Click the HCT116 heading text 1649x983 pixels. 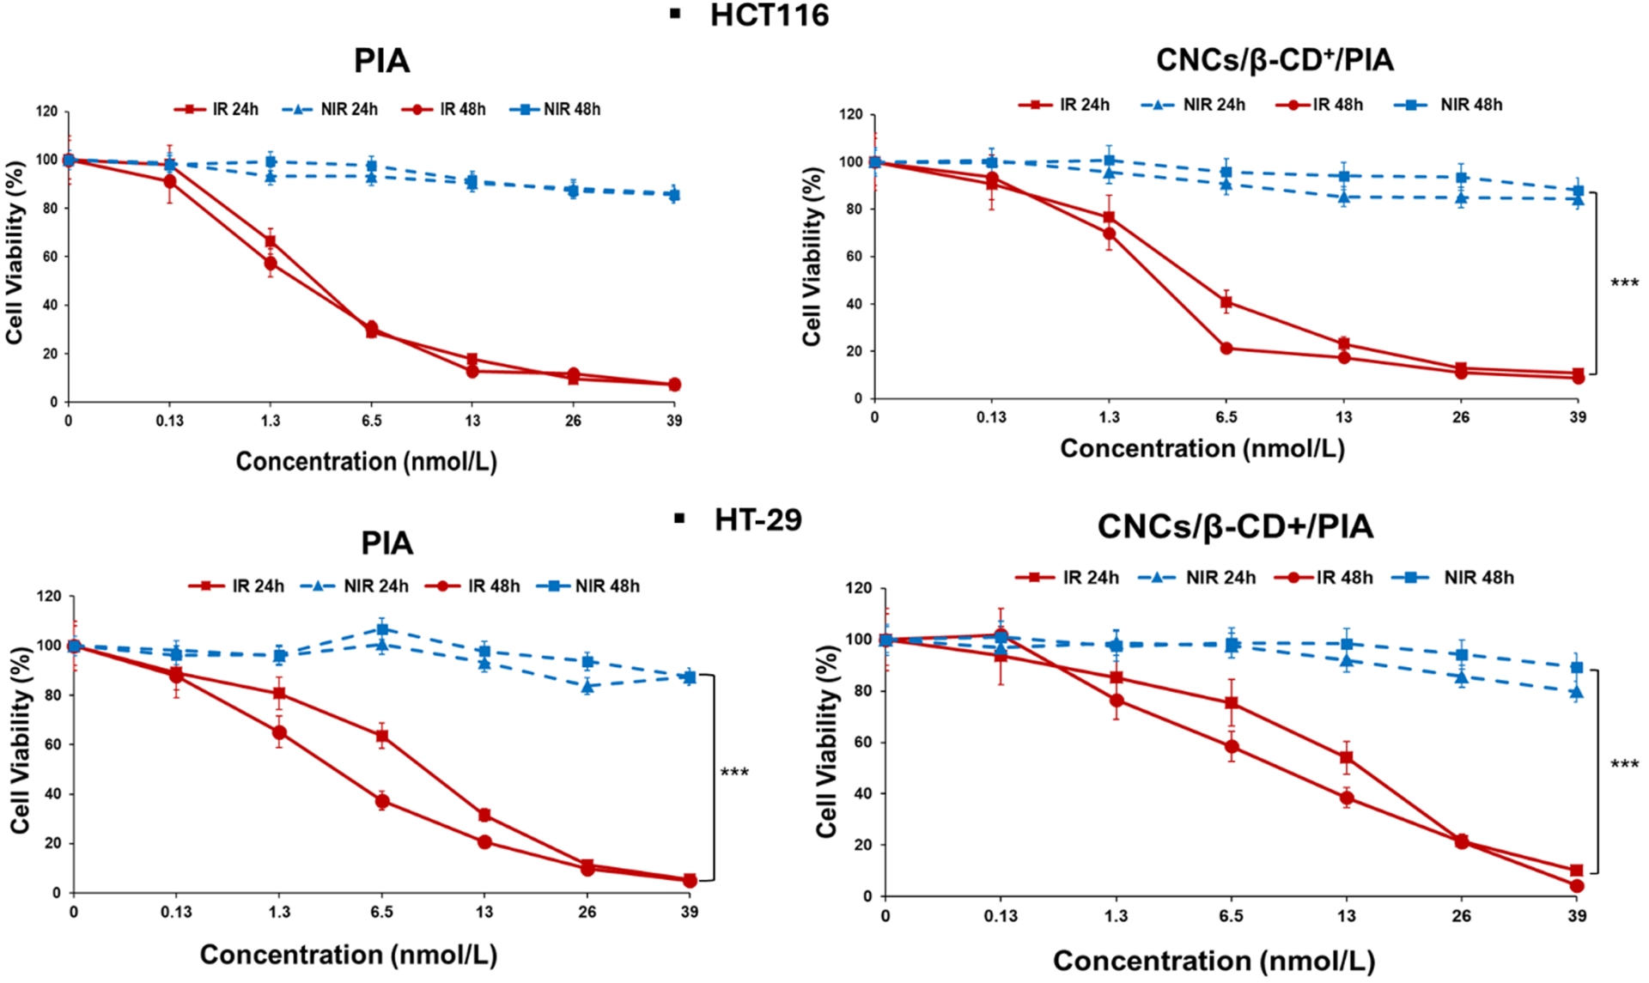769,15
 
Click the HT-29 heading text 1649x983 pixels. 758,519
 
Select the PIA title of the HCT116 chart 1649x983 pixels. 382,61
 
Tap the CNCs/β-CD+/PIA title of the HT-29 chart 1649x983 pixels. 1235,526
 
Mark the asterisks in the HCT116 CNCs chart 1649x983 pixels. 1624,283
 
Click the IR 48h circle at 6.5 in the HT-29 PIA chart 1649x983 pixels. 382,802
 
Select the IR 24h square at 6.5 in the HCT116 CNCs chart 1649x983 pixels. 1226,302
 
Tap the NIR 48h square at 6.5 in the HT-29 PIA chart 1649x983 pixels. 382,629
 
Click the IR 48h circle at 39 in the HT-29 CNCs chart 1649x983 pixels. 1577,886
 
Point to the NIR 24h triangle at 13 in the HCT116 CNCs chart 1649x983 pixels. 1343,197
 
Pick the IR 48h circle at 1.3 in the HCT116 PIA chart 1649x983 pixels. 271,264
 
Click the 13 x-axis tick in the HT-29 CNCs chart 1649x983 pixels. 1346,916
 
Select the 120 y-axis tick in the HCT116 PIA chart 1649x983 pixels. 47,112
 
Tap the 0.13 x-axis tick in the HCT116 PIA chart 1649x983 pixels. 169,421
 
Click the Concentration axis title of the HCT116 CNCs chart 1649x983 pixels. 1202,448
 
